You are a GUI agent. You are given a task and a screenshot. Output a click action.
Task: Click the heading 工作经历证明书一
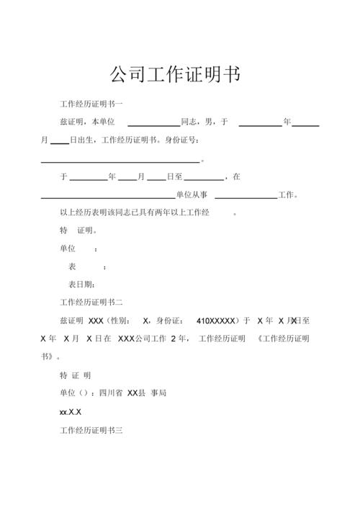(x=91, y=105)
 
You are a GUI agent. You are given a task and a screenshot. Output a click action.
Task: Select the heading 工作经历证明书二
(x=91, y=303)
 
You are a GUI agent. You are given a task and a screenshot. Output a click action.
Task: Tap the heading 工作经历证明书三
(x=91, y=431)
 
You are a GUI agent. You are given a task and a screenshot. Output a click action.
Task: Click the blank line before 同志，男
(x=153, y=125)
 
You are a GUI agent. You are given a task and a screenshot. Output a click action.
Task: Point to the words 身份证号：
(x=182, y=140)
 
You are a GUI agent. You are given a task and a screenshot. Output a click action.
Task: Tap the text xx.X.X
(x=70, y=413)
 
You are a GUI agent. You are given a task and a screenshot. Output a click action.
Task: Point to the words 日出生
(x=84, y=140)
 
